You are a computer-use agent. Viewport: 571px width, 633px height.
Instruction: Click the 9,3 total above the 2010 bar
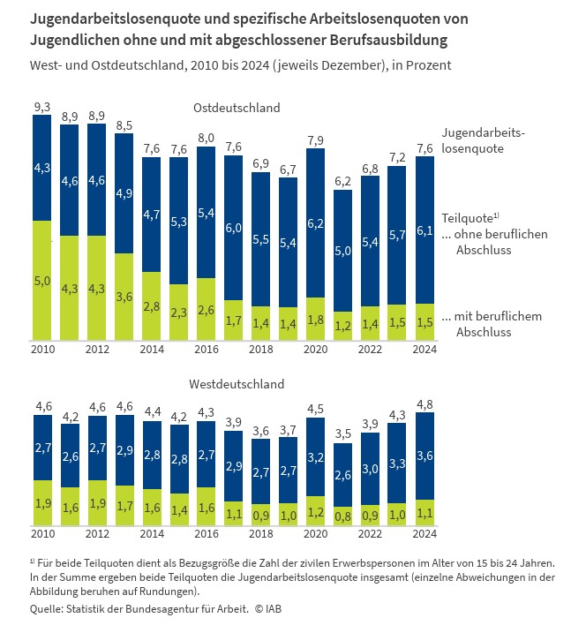click(x=41, y=107)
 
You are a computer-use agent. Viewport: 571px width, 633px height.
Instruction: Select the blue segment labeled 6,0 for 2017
click(x=235, y=228)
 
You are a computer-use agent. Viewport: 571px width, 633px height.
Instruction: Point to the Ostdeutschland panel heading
click(x=237, y=108)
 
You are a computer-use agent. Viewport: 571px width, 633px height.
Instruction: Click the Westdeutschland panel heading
click(x=237, y=384)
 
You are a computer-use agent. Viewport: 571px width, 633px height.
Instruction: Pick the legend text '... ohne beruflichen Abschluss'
click(x=494, y=242)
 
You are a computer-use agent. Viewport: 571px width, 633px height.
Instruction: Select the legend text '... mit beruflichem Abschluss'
click(x=491, y=324)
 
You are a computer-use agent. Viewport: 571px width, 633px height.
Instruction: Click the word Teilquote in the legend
click(x=465, y=216)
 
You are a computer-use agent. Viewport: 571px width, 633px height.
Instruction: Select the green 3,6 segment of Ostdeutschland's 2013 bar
click(x=124, y=297)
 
